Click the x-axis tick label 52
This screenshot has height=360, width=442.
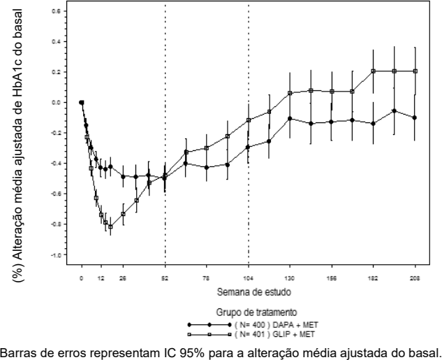coord(165,278)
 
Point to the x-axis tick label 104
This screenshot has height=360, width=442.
coord(249,278)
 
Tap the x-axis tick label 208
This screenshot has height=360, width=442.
coord(415,278)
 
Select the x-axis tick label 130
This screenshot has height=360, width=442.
coord(290,278)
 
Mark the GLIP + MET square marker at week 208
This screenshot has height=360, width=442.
coord(415,71)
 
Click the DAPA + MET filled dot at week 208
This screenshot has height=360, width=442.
coord(415,117)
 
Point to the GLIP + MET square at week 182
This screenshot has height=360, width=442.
coord(374,71)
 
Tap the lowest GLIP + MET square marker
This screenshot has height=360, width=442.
coord(110,226)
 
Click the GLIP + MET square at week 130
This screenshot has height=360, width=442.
coord(290,93)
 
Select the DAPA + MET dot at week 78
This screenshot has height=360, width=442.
coord(207,167)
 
